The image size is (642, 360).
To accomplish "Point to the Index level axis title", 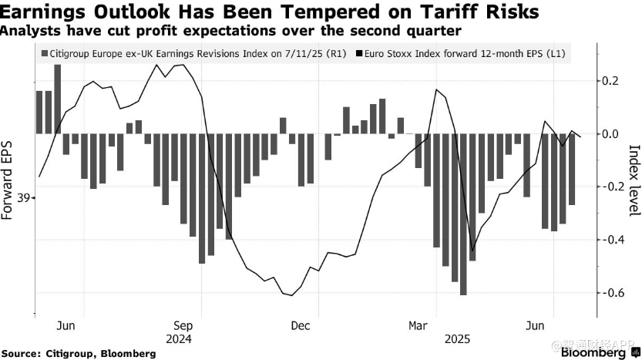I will (634, 179).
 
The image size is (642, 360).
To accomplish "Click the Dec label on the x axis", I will (300, 325).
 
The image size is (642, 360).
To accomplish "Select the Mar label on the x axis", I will (418, 325).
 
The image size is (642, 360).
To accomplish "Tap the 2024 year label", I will (178, 338).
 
